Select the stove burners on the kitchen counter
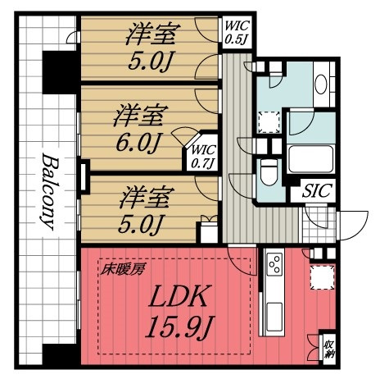[274, 264]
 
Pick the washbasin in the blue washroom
[321, 86]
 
